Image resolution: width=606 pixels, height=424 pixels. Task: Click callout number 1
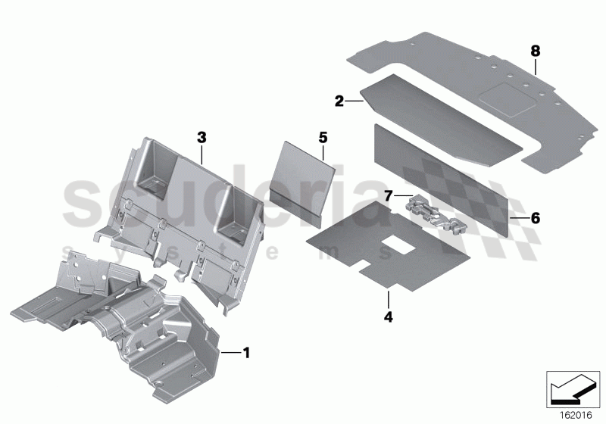pos(245,352)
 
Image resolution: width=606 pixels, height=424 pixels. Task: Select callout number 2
pos(339,99)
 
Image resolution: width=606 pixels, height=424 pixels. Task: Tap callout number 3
pos(201,137)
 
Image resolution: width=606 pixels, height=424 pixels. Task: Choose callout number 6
pos(535,218)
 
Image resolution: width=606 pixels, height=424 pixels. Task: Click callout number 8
pos(536,51)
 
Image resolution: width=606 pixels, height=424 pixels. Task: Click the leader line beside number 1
pos(229,352)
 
